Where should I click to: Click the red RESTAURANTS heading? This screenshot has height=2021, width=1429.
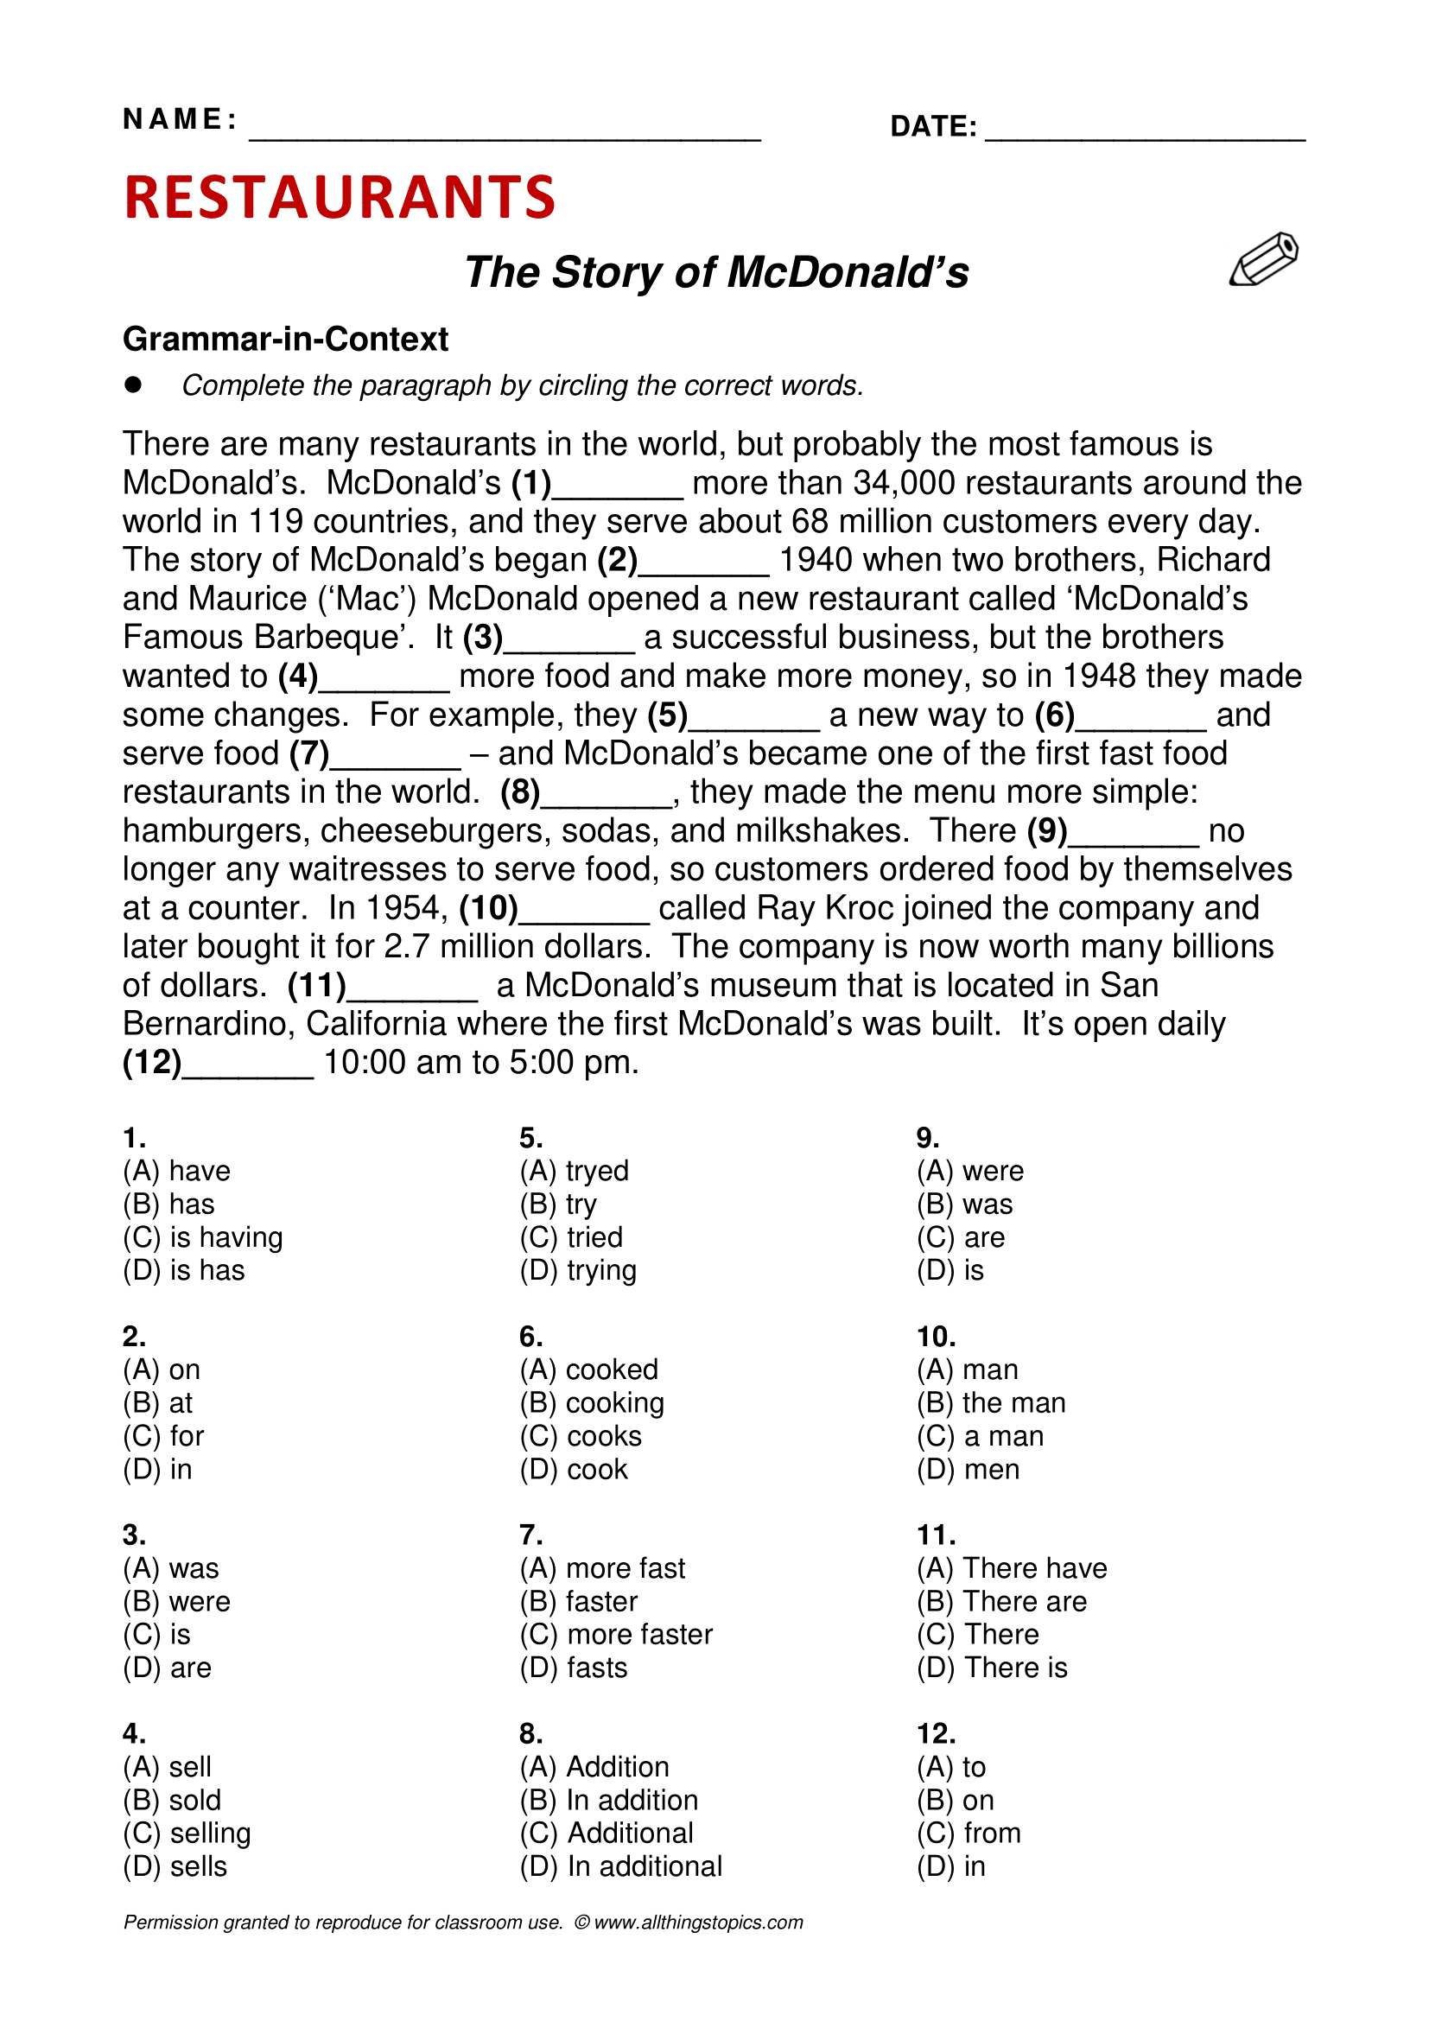point(340,196)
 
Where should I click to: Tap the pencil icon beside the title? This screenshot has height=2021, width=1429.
point(1264,260)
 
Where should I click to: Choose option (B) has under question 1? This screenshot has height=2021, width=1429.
point(169,1204)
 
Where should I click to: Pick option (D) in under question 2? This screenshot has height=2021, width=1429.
point(157,1469)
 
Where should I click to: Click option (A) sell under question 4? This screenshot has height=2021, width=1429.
point(168,1767)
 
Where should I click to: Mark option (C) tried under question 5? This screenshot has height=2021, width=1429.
point(571,1237)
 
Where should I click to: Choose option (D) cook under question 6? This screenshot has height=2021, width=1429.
point(574,1469)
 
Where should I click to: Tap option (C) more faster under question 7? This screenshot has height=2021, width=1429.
point(616,1635)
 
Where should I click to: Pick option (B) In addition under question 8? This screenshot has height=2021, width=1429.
point(609,1800)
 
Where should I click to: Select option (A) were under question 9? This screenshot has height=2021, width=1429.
point(969,1172)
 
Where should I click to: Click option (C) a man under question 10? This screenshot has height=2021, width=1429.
point(980,1437)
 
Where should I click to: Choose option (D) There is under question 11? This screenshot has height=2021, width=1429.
point(992,1668)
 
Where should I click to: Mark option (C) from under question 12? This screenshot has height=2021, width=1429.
point(968,1834)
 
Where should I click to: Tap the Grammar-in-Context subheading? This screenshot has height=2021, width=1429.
point(285,339)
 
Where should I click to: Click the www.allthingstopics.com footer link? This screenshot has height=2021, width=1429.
point(699,1922)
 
